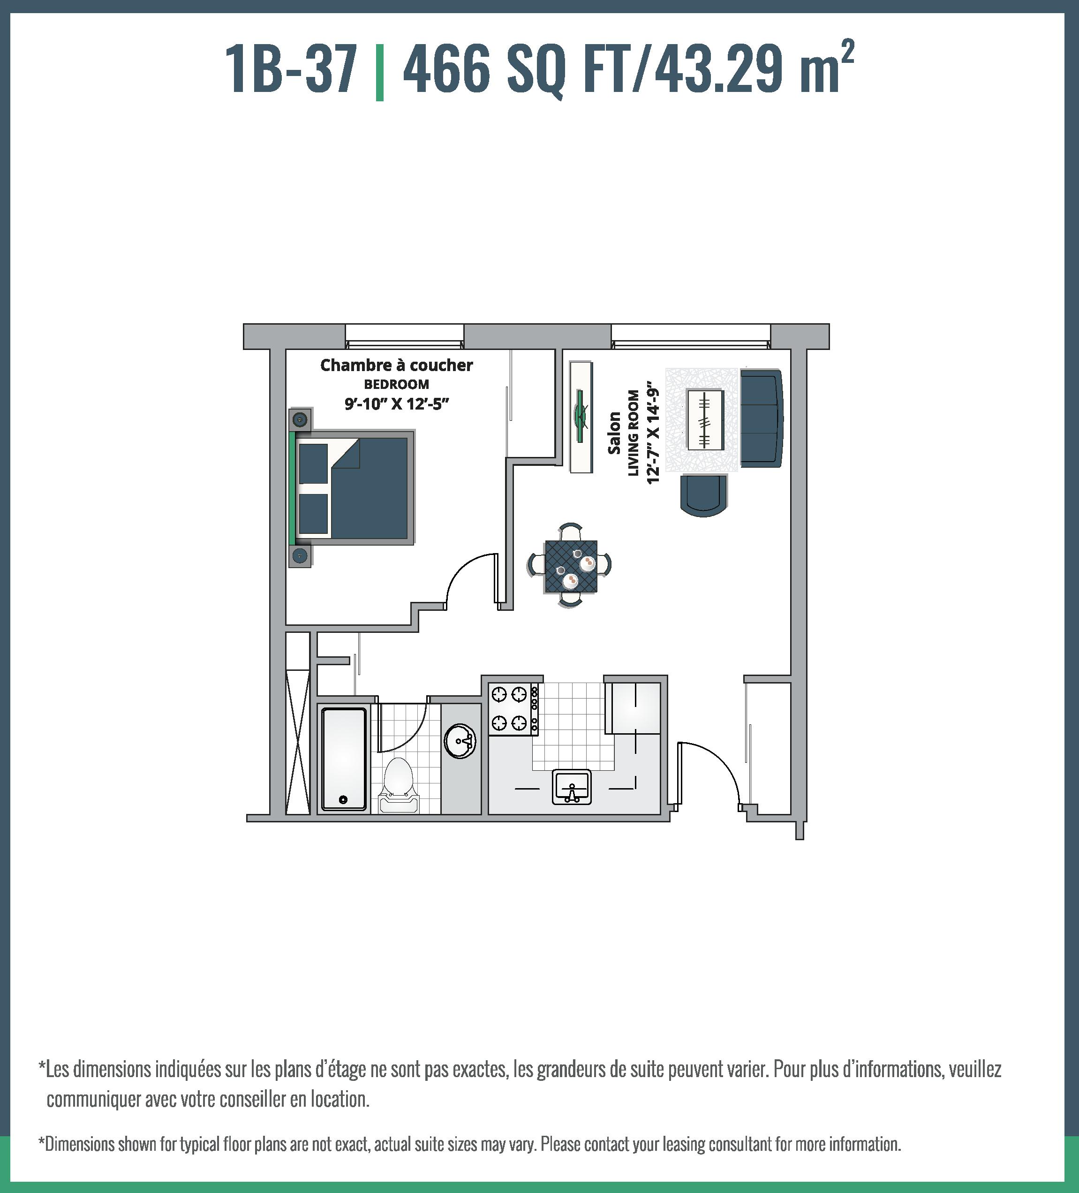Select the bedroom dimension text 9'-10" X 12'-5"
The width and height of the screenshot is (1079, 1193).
click(397, 404)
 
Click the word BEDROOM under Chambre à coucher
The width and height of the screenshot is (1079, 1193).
click(396, 385)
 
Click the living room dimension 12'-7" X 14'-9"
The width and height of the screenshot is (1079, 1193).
click(652, 433)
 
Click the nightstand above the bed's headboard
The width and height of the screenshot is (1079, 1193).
click(301, 419)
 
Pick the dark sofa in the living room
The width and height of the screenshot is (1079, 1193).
click(762, 417)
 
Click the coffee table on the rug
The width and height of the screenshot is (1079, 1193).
click(704, 419)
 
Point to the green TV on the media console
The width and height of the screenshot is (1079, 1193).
click(581, 417)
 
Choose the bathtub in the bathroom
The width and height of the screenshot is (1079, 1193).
click(344, 759)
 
